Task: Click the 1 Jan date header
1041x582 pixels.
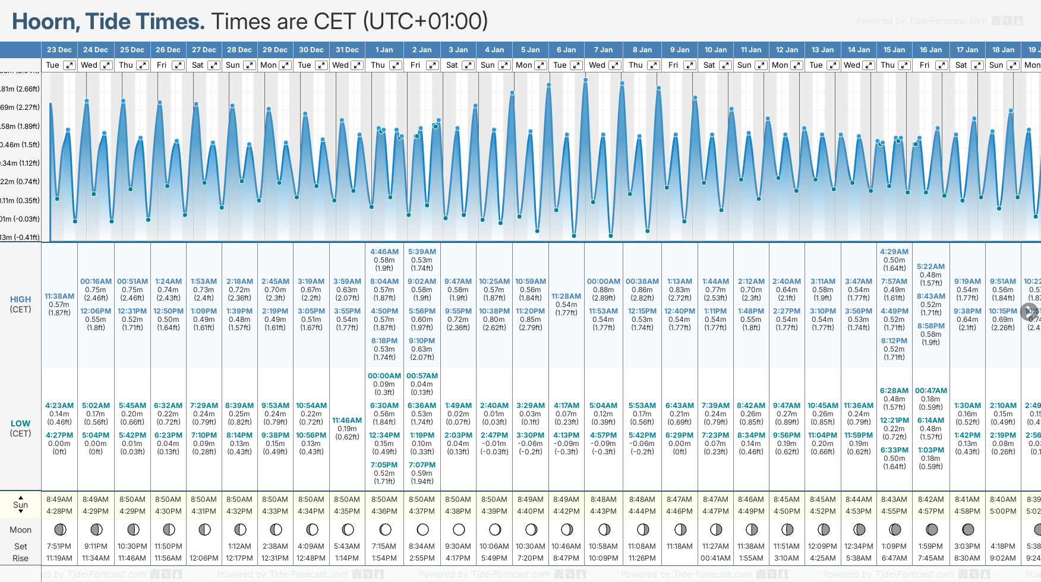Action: pyautogui.click(x=384, y=50)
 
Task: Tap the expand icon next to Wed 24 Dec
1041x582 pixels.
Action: pyautogui.click(x=106, y=65)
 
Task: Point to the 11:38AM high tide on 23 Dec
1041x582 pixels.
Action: pyautogui.click(x=59, y=296)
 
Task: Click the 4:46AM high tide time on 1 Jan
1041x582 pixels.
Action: pyautogui.click(x=384, y=252)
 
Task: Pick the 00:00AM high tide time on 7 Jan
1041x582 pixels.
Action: pyautogui.click(x=604, y=281)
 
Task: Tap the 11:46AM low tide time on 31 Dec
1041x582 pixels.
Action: pyautogui.click(x=347, y=420)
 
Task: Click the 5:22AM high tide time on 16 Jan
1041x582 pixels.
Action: pyautogui.click(x=930, y=267)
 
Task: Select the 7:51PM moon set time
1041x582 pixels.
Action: pyautogui.click(x=59, y=546)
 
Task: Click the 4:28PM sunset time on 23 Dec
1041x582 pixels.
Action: pyautogui.click(x=59, y=511)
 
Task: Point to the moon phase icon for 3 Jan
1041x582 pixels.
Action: pyautogui.click(x=458, y=529)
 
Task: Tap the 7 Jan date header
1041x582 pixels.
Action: pyautogui.click(x=603, y=50)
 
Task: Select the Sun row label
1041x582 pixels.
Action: pyautogui.click(x=20, y=505)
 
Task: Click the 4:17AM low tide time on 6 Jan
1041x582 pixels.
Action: pyautogui.click(x=566, y=406)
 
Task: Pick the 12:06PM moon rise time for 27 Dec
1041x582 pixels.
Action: pyautogui.click(x=204, y=558)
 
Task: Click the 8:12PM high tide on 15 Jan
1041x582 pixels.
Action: pyautogui.click(x=894, y=341)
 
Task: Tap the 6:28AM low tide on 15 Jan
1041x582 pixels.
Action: pyautogui.click(x=894, y=391)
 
